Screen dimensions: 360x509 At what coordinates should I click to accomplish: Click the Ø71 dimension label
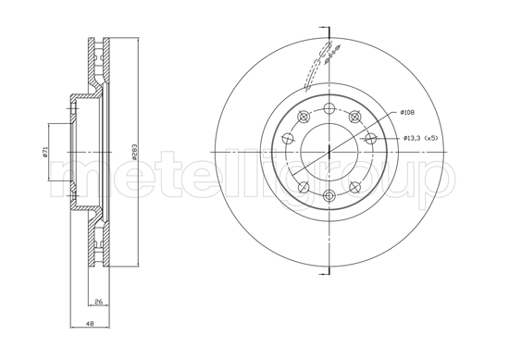pos(43,152)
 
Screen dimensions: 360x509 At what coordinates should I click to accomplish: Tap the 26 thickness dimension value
pos(98,302)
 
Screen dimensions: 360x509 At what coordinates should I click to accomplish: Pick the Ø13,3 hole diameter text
pos(413,139)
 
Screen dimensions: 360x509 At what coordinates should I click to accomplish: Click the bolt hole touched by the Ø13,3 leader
pos(370,139)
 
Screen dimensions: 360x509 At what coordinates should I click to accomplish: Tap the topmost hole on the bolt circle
pos(330,108)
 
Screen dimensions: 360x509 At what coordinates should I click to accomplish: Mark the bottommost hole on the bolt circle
pos(330,194)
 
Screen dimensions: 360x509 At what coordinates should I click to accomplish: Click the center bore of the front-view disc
pos(329,152)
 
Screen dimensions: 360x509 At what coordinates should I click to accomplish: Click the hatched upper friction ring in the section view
pos(97,65)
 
